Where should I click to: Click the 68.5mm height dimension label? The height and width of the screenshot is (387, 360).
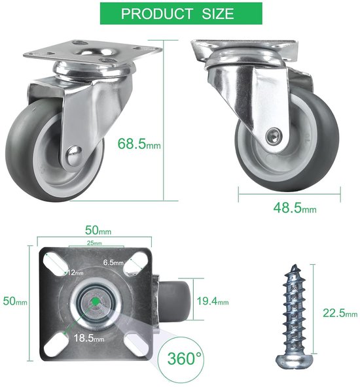click(x=139, y=144)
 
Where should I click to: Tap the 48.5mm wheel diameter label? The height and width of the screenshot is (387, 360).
click(x=295, y=208)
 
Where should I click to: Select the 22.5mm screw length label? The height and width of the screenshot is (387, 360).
click(x=340, y=313)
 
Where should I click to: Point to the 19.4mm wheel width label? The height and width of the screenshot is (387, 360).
click(x=213, y=301)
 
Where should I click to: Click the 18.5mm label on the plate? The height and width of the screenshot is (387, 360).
click(x=89, y=337)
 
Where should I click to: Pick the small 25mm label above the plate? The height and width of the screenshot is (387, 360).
click(x=94, y=243)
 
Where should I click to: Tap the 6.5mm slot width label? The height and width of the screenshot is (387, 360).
click(x=113, y=262)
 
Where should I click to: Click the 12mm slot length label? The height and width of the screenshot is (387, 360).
click(x=75, y=273)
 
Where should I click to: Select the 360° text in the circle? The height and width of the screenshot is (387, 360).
click(x=185, y=358)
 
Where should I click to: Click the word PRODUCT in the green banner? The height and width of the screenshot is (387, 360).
click(x=157, y=14)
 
